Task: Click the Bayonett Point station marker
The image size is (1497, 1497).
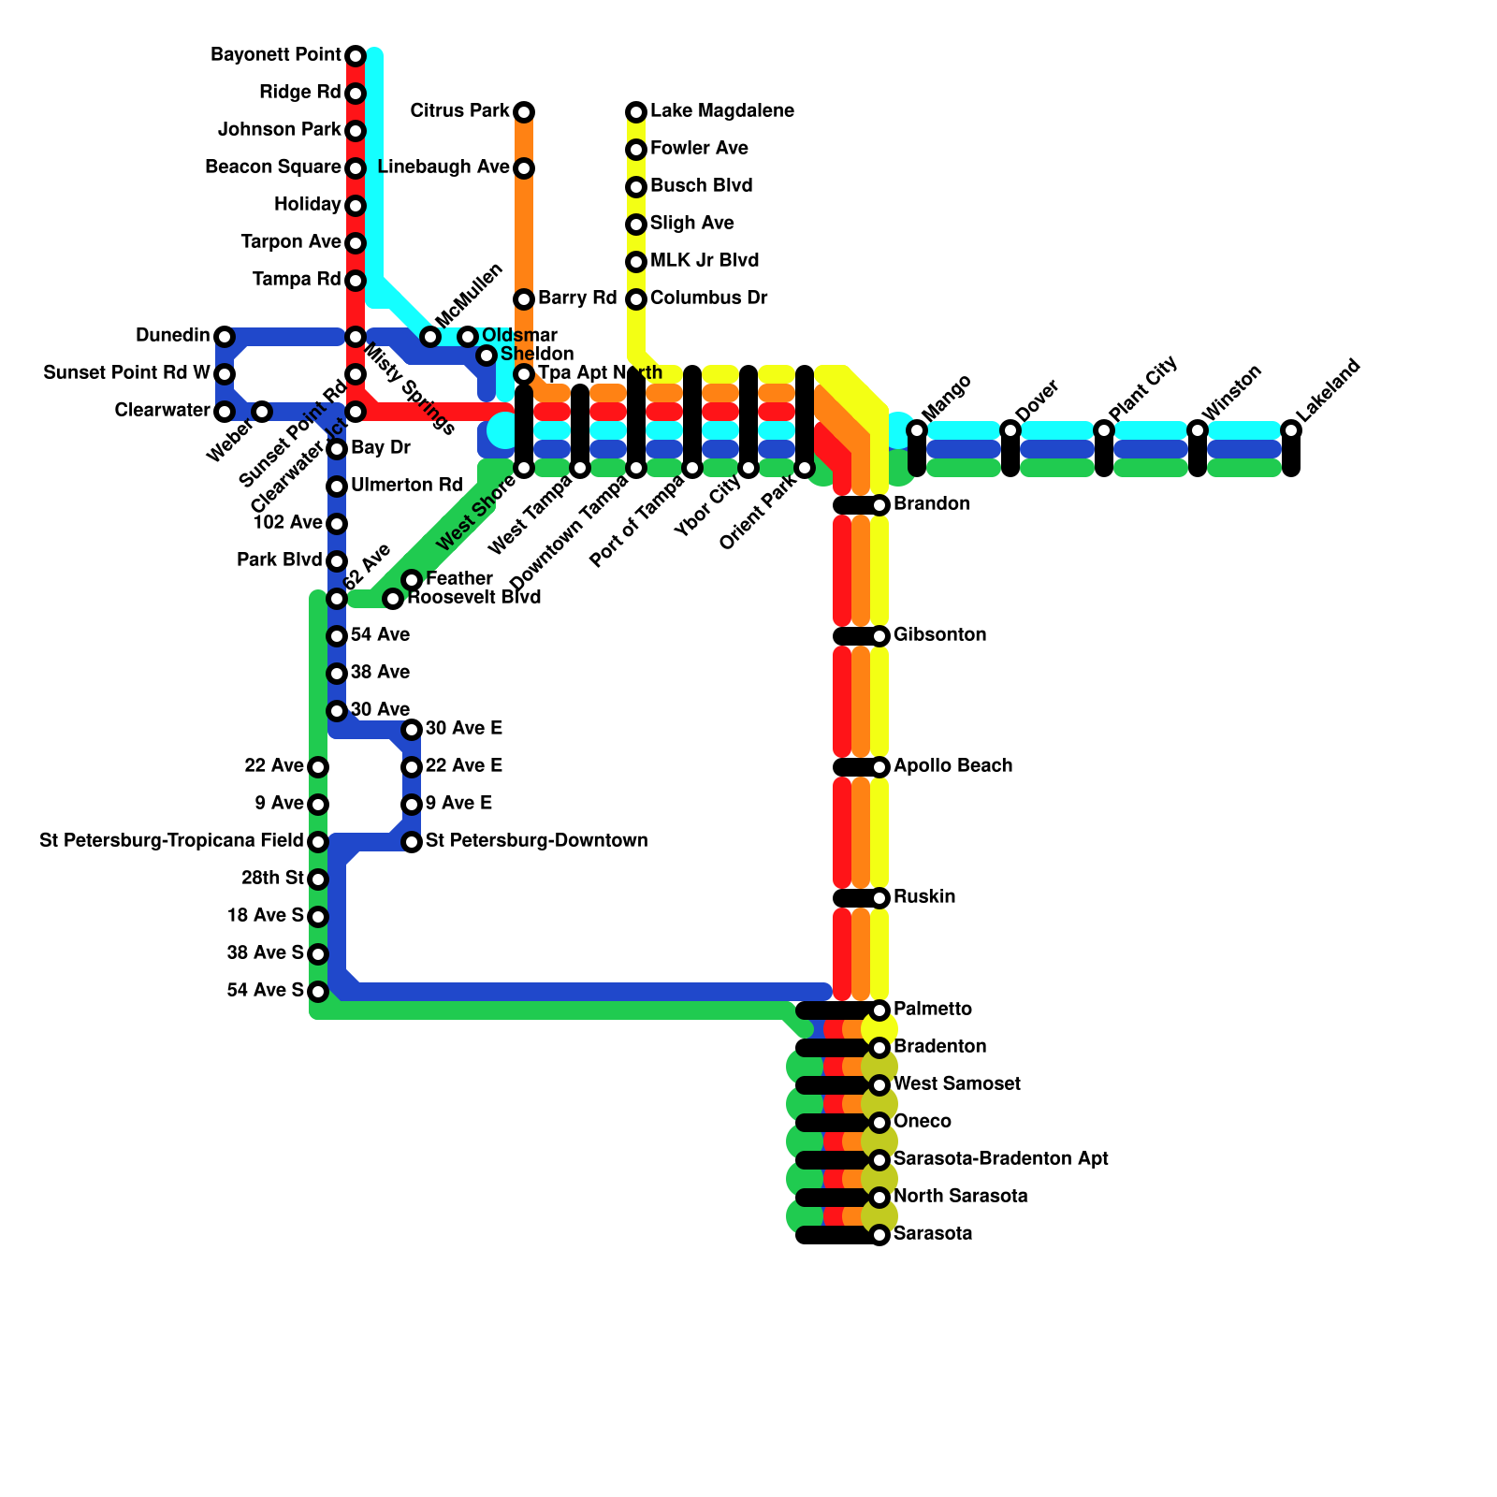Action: (x=356, y=56)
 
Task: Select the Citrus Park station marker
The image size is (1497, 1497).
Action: (x=524, y=112)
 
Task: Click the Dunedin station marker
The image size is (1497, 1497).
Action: (x=225, y=337)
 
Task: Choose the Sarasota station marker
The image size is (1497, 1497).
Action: (x=879, y=1235)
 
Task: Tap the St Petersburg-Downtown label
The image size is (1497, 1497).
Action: (x=536, y=841)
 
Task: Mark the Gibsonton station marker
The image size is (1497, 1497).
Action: (x=879, y=636)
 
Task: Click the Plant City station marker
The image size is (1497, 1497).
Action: (x=1104, y=430)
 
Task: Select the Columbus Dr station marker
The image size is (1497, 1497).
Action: (x=636, y=299)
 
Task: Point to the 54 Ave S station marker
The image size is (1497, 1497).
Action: (x=318, y=992)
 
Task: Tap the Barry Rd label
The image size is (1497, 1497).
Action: (x=577, y=298)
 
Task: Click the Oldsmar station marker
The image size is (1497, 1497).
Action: (x=468, y=337)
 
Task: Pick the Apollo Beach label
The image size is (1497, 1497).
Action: (x=952, y=766)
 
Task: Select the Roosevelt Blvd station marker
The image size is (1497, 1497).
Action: (x=393, y=599)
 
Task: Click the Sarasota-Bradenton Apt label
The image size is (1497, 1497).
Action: (x=1000, y=1159)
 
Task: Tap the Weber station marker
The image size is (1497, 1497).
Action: (x=262, y=412)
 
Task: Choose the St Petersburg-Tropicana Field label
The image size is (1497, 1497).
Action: (x=171, y=841)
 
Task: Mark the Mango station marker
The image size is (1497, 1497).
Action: (x=917, y=430)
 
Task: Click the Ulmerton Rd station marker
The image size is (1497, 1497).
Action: (x=337, y=487)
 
